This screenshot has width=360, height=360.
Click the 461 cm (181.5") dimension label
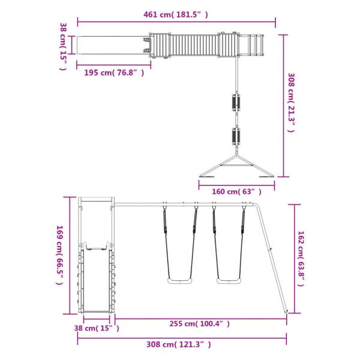pyautogui.click(x=176, y=14)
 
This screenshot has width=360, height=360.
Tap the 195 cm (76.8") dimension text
pyautogui.click(x=114, y=73)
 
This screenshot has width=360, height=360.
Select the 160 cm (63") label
pyautogui.click(x=236, y=191)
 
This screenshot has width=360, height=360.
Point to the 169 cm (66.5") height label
pyautogui.click(x=59, y=255)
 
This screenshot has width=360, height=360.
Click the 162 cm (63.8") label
pyautogui.click(x=301, y=259)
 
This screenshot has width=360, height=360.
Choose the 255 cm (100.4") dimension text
pyautogui.click(x=200, y=324)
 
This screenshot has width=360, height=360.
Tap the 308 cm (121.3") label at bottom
pyautogui.click(x=179, y=344)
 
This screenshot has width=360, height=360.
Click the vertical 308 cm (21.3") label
pyautogui.click(x=291, y=103)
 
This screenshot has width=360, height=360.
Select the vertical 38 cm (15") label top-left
pyautogui.click(x=63, y=46)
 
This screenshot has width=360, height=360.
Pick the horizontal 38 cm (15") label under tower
pyautogui.click(x=97, y=328)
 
